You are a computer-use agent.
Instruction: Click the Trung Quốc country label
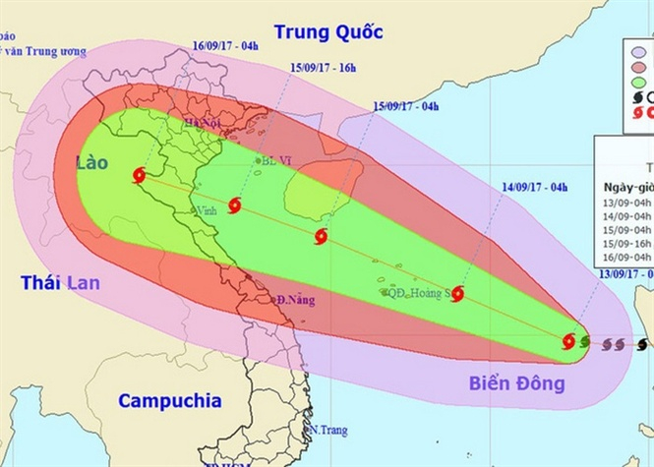(x=327, y=31)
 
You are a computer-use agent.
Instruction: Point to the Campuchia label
(x=169, y=400)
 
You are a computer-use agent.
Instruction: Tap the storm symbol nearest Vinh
(x=234, y=205)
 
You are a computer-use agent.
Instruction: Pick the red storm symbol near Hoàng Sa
(x=456, y=293)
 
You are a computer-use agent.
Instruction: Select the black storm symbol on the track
(x=642, y=344)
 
